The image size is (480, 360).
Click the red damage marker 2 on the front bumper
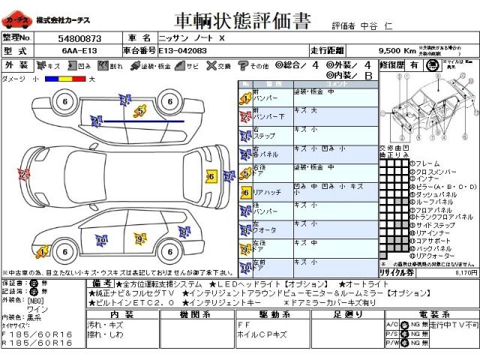coord(23,175)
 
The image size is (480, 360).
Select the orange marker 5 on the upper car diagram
coord(140,111)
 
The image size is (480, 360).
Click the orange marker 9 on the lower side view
coord(139,238)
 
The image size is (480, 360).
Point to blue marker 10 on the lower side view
coord(100,241)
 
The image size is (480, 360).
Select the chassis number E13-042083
coord(184,50)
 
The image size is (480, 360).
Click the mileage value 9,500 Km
coord(397,50)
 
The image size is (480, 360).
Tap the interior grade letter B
coord(368,76)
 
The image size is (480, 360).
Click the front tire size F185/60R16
coord(37,334)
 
